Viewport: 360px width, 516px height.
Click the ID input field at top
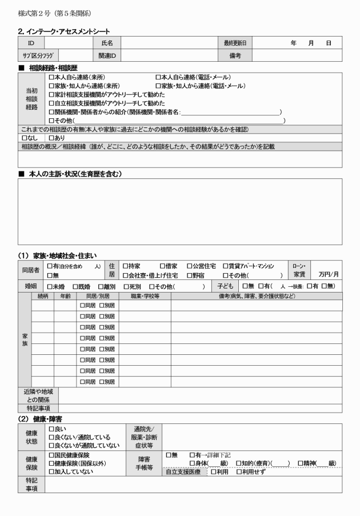68,42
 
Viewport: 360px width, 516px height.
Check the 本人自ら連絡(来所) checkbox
51,77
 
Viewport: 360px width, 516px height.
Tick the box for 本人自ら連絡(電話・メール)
158,77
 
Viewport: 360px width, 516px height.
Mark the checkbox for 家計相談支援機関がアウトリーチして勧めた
51,95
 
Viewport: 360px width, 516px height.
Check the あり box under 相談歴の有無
51,138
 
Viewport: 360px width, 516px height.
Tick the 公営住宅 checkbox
189,266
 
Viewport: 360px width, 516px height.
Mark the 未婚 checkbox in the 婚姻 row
50,286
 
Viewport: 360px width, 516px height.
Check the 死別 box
124,286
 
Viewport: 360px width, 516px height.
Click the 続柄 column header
42,296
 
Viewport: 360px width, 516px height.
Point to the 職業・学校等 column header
145,296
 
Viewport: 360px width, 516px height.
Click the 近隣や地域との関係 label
38,396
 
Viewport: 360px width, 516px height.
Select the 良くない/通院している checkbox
51,437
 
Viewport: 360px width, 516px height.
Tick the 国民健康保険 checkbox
51,455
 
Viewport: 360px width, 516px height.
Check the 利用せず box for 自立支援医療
239,472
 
